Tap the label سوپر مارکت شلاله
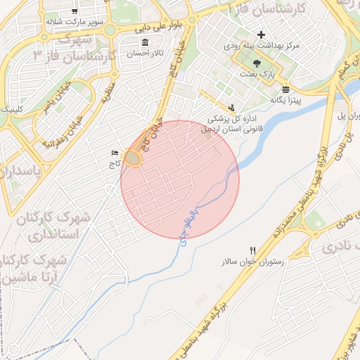[x=75, y=22]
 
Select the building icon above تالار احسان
[x=144, y=42]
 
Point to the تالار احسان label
[x=144, y=53]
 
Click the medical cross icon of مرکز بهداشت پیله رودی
[x=262, y=34]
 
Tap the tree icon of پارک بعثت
[x=265, y=62]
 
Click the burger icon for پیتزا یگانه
[x=285, y=89]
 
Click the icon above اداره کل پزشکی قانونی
[x=231, y=107]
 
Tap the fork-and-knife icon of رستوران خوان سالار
[x=252, y=250]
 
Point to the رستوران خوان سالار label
[x=252, y=262]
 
